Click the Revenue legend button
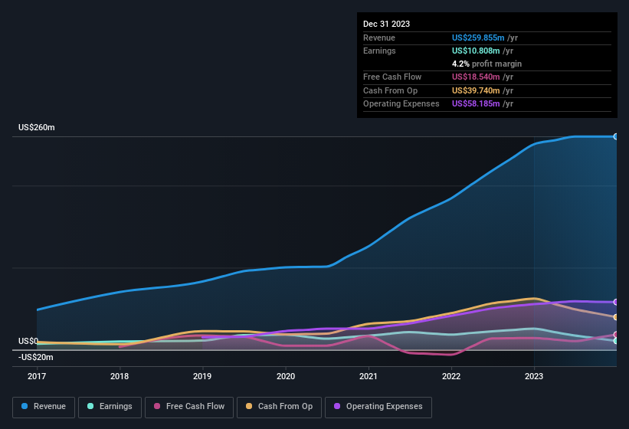(x=44, y=406)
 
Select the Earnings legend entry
(x=110, y=406)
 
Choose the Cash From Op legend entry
(x=279, y=406)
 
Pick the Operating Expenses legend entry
(x=378, y=406)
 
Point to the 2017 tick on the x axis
(x=37, y=376)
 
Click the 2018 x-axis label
(x=120, y=376)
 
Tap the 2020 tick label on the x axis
(x=285, y=376)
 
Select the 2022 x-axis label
(x=451, y=376)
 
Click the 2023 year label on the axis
(x=534, y=376)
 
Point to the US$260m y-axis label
(x=36, y=127)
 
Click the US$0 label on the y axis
(x=28, y=341)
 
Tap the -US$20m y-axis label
(x=35, y=357)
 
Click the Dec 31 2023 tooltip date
(x=386, y=24)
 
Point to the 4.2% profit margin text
(x=486, y=64)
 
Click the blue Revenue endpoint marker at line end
(x=616, y=136)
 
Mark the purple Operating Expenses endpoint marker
(x=616, y=302)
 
